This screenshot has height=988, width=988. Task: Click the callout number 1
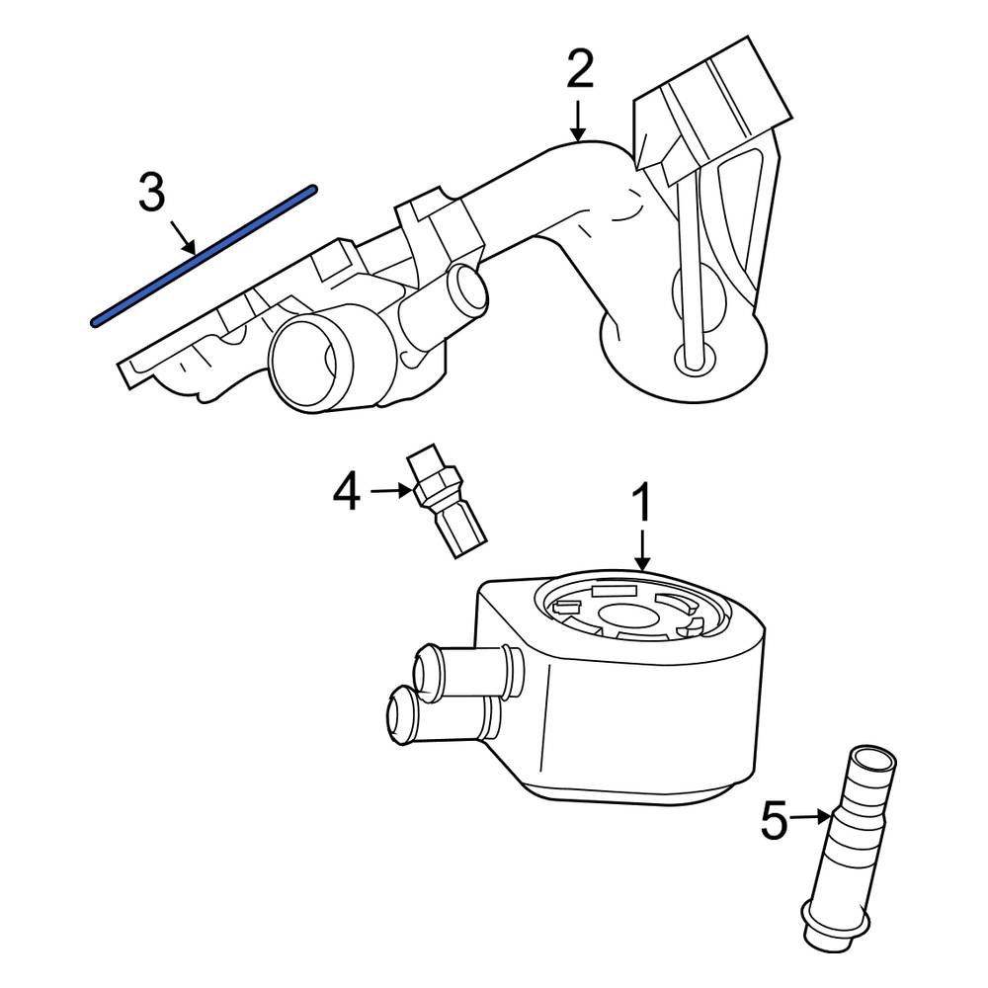[642, 503]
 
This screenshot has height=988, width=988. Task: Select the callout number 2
[580, 71]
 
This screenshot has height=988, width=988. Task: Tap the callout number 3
[151, 193]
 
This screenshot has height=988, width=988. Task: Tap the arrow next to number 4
[390, 490]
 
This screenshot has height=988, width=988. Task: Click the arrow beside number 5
[810, 816]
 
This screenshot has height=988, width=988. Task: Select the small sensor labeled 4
[448, 503]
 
